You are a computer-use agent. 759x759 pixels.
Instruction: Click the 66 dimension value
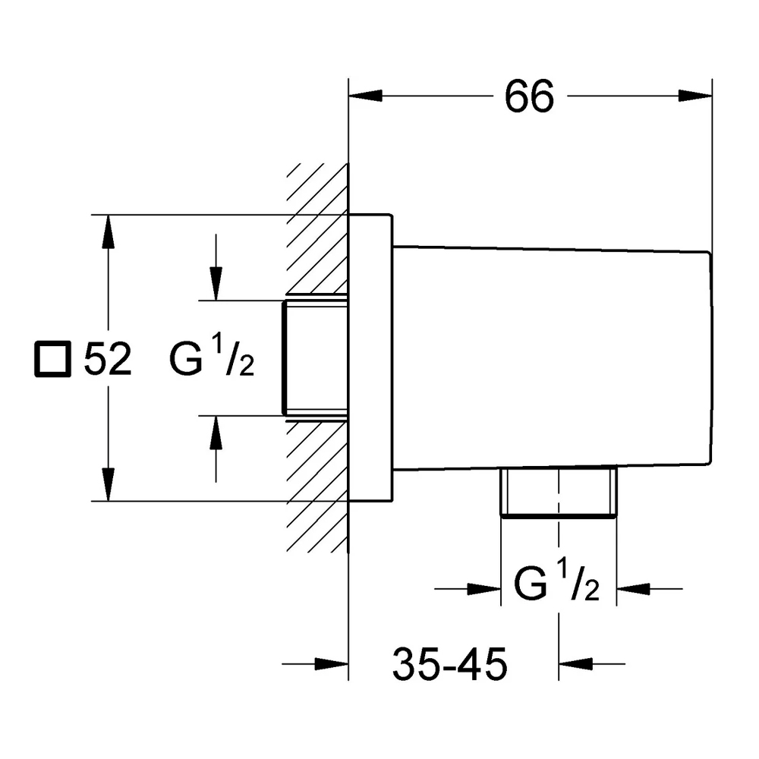pos(529,96)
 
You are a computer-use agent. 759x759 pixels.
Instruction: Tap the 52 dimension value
pos(108,359)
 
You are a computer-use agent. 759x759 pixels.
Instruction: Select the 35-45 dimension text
pos(449,664)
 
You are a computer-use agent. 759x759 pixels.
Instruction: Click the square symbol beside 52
pos(53,359)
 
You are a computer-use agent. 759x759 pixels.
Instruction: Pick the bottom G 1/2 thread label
pos(556,581)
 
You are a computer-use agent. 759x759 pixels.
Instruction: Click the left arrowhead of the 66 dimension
pos(366,96)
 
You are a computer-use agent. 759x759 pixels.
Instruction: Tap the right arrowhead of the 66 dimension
pos(695,96)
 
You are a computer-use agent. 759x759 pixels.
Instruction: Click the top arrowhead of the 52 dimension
pos(108,231)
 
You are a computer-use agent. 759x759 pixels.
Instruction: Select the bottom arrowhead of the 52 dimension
pos(108,484)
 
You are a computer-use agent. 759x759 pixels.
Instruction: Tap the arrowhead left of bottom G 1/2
pos(484,589)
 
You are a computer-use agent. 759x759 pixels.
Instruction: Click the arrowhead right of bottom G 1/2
pos(633,589)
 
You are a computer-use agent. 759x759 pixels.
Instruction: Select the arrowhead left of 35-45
pos(332,663)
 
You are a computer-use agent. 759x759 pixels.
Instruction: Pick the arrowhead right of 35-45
pos(575,663)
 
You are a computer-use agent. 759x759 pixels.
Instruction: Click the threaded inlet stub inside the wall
pos(315,358)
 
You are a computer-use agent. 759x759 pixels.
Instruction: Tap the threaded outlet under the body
pos(559,493)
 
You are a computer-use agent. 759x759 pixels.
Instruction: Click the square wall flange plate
pos(370,357)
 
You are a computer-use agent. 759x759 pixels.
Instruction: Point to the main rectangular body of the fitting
pos(552,358)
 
